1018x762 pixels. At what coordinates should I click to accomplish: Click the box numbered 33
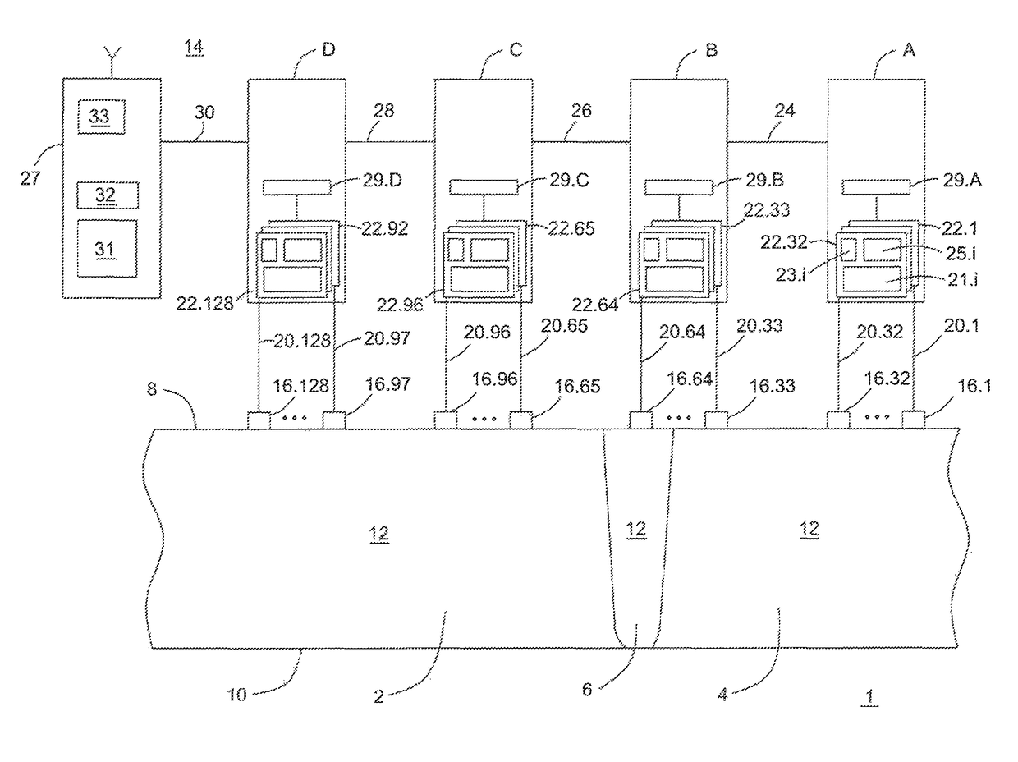tap(101, 117)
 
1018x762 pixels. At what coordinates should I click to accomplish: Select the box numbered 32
tap(107, 195)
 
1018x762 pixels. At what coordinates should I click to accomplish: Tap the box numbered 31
tap(107, 249)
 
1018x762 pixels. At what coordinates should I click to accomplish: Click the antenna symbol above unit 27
tap(112, 61)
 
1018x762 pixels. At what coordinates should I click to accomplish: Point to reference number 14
tap(194, 48)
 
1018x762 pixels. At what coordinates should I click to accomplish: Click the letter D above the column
tap(328, 49)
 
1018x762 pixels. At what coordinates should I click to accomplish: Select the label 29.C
tap(569, 180)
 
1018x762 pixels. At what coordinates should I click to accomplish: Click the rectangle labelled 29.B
tap(678, 187)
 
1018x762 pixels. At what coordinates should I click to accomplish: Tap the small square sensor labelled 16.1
tap(913, 420)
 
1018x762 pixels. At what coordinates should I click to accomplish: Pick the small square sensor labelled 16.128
tap(259, 420)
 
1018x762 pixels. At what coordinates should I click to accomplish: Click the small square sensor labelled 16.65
tap(520, 420)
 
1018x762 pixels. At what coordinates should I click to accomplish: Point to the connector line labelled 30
tap(204, 141)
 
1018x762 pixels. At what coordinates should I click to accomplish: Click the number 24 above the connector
tap(784, 111)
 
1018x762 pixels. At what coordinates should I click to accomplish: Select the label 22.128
tap(204, 304)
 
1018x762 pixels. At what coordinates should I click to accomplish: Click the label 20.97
tap(387, 338)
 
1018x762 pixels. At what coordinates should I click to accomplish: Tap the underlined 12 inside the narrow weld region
tap(636, 529)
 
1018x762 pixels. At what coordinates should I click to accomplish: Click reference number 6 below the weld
tap(587, 690)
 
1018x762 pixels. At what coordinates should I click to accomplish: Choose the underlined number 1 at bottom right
tap(869, 697)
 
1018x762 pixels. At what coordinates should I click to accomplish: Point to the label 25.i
tap(961, 253)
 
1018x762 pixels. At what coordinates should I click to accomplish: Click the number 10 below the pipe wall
tap(236, 695)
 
